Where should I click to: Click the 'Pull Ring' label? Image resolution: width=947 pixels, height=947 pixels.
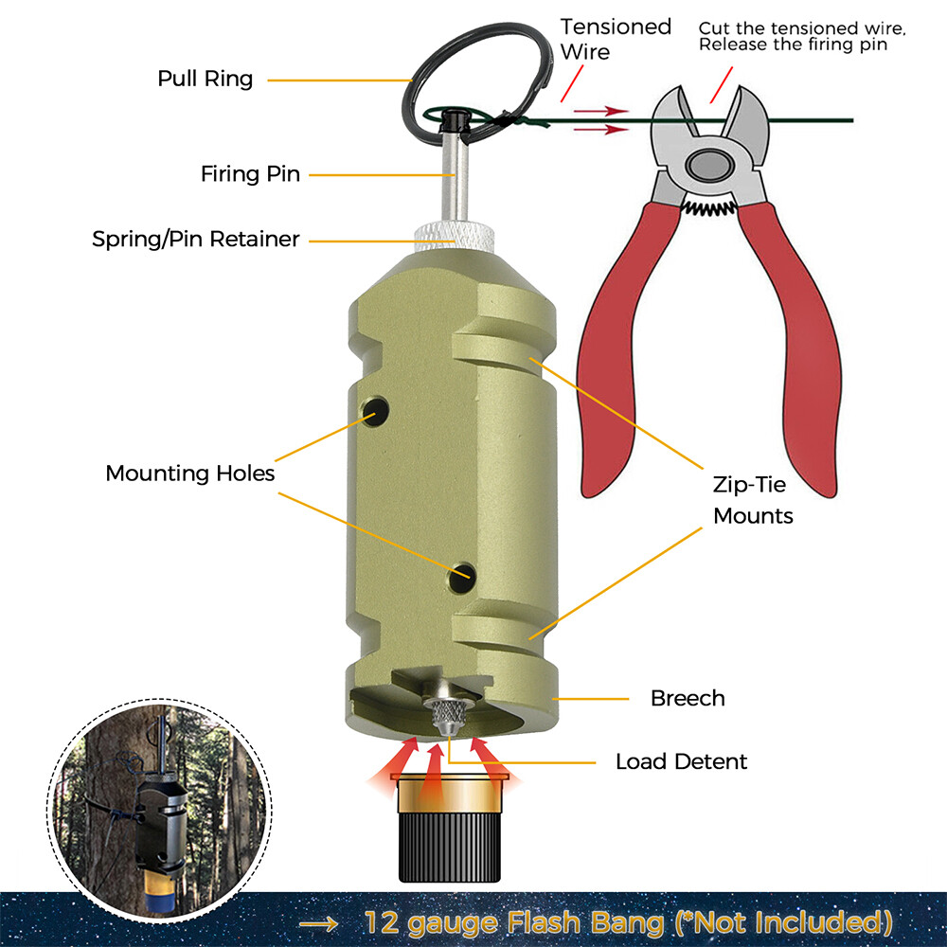tap(205, 79)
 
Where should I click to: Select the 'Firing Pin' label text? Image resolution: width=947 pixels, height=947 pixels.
tap(250, 174)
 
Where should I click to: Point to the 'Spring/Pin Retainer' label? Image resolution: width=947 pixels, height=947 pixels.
tap(195, 240)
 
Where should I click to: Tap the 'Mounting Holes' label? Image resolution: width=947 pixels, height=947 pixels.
tap(189, 473)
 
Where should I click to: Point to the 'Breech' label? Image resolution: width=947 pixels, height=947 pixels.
tap(688, 699)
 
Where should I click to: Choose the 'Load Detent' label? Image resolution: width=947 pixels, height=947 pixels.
tap(681, 761)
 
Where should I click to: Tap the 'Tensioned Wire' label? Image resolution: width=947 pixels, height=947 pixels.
tap(616, 38)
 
